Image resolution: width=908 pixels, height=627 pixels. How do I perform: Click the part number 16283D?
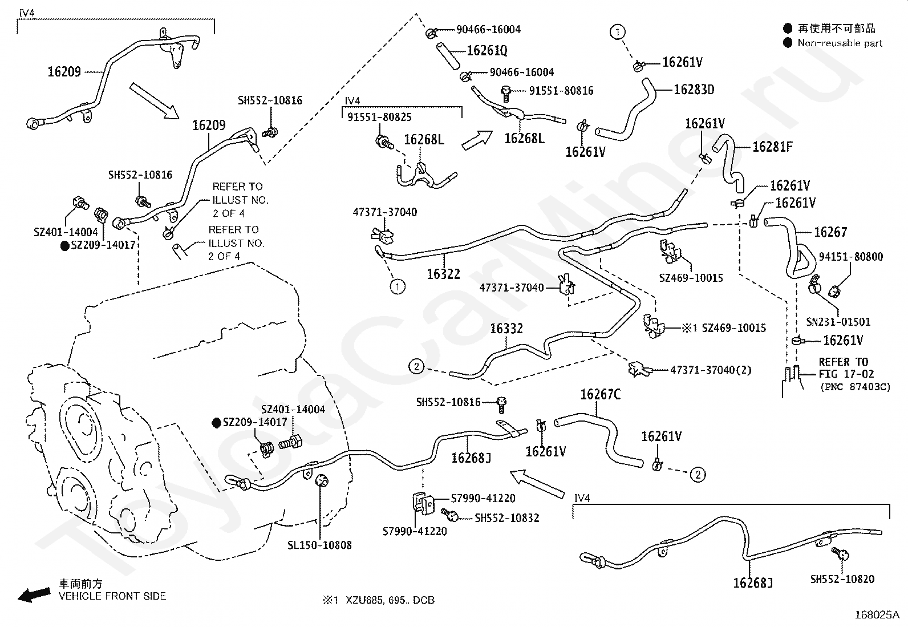[x=694, y=90]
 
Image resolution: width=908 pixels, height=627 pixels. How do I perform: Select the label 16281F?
[x=772, y=147]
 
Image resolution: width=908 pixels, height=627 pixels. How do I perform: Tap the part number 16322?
[x=443, y=274]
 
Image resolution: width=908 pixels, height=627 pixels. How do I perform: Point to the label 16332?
[x=506, y=329]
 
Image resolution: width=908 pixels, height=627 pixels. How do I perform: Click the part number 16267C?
[x=600, y=394]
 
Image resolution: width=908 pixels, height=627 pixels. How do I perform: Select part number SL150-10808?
[x=319, y=545]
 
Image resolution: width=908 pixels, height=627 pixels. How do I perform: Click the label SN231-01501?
[x=838, y=321]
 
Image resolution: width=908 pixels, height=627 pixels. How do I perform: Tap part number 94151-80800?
[x=851, y=257]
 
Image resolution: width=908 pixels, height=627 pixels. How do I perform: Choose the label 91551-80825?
[x=379, y=117]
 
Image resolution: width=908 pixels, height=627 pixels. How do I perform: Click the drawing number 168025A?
[x=877, y=615]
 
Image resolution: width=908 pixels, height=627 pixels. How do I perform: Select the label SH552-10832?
[x=507, y=518]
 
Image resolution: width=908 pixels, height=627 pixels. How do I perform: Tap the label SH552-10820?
[x=842, y=579]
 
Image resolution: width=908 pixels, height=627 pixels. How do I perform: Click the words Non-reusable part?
[x=840, y=43]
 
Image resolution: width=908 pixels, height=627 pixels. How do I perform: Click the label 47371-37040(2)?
[x=711, y=370]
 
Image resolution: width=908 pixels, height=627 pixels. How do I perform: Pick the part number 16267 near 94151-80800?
[x=830, y=232]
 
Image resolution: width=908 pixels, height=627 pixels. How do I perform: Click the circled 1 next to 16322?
[x=397, y=286]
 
